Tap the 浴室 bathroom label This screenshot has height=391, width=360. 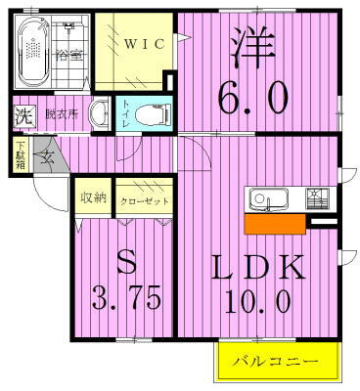point(68,55)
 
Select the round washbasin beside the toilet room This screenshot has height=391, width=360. point(99,113)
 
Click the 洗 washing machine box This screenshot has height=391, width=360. point(22,115)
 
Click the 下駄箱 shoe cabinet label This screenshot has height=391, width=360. point(21,156)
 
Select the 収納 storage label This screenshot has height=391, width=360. point(93,198)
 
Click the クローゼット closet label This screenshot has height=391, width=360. point(145,200)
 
